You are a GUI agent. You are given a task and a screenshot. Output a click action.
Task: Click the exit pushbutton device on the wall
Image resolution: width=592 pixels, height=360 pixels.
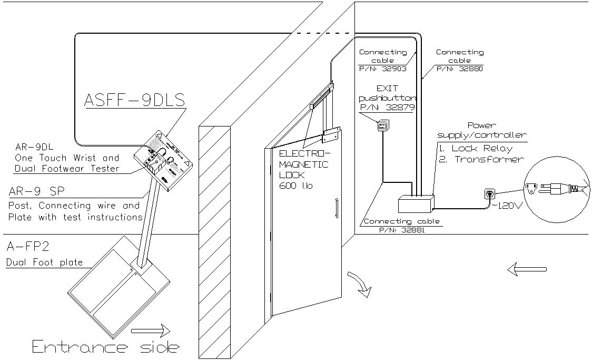point(383,125)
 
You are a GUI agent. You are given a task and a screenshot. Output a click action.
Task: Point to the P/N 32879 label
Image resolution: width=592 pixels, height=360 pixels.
point(387,108)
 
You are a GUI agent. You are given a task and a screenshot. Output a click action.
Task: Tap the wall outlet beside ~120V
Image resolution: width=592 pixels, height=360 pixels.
point(489,194)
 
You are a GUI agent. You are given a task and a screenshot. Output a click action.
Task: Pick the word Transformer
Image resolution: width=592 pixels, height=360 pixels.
point(489,159)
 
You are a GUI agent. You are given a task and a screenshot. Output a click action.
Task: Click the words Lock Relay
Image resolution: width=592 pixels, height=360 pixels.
point(481,148)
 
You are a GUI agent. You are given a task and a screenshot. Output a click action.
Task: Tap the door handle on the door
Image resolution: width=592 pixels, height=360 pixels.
point(336,208)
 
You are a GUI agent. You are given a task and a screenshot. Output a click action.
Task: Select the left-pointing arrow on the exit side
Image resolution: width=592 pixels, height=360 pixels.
point(526,269)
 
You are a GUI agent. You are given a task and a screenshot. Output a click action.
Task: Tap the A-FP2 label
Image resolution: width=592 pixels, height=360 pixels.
point(21,247)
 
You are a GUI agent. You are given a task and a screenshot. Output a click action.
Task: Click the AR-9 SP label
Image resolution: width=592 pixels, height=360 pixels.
point(32,192)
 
